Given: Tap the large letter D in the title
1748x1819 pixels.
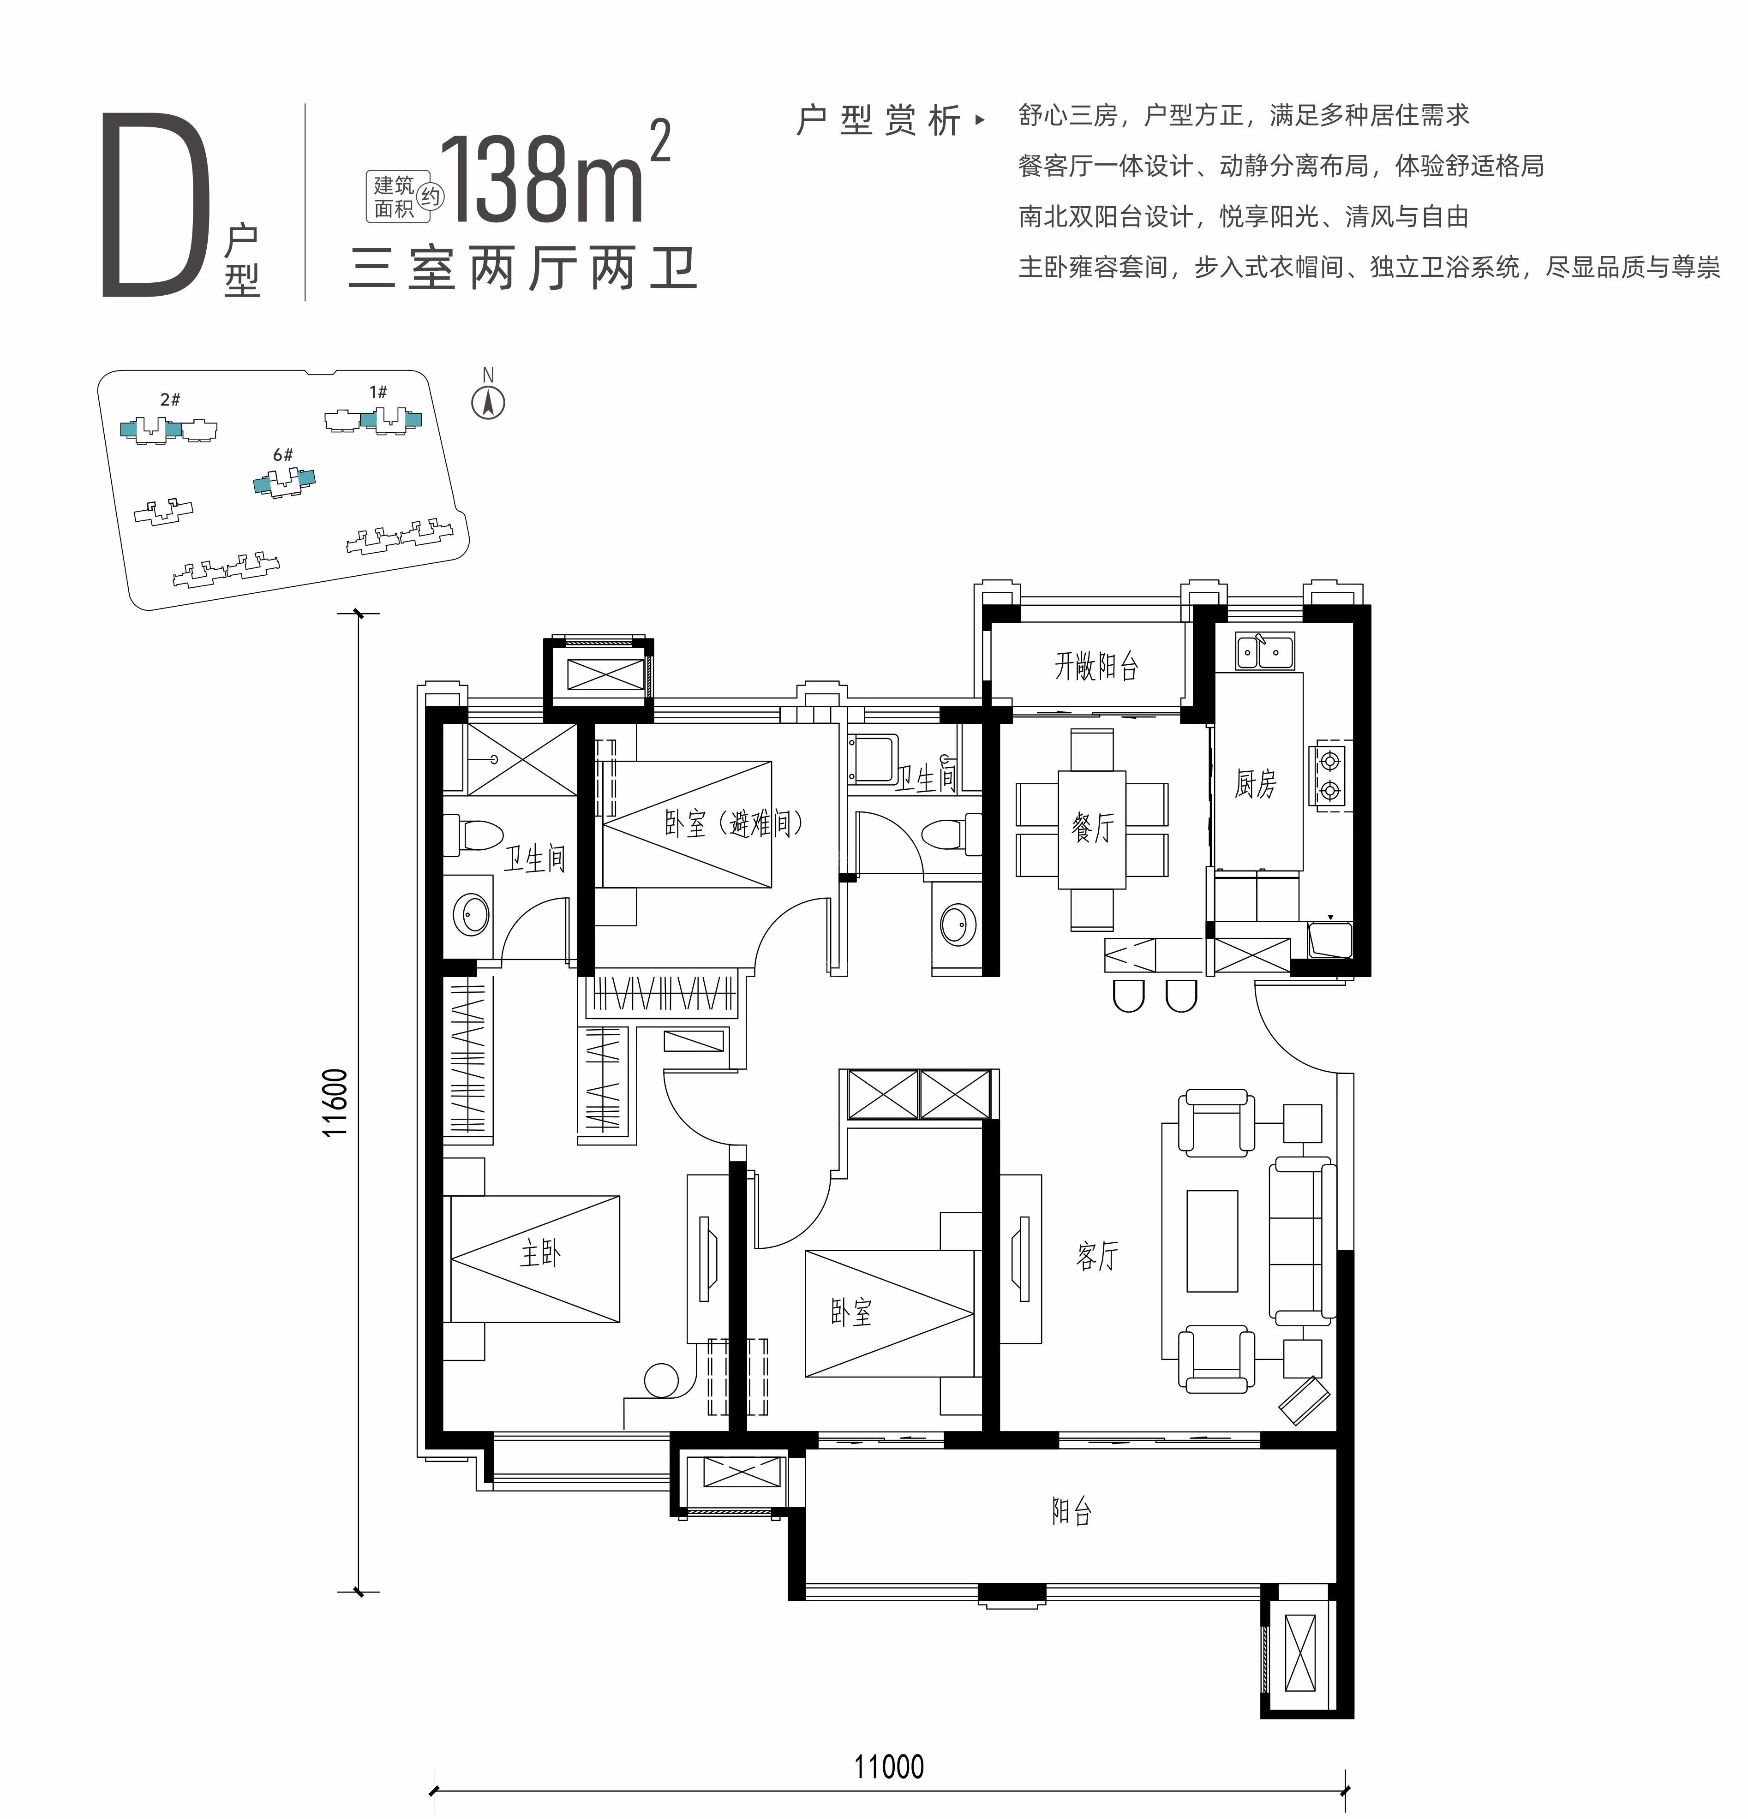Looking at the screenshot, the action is (x=150, y=205).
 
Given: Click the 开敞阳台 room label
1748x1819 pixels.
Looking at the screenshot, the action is (x=1096, y=665).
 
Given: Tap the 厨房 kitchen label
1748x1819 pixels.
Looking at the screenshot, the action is (x=1255, y=784).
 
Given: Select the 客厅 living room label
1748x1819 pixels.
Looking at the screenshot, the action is (x=1097, y=1256).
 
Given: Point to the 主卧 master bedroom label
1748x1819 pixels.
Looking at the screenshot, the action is (x=540, y=1254).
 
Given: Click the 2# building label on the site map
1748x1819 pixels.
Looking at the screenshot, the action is (x=170, y=400).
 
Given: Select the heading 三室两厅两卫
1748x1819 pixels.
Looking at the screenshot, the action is (x=523, y=269).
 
